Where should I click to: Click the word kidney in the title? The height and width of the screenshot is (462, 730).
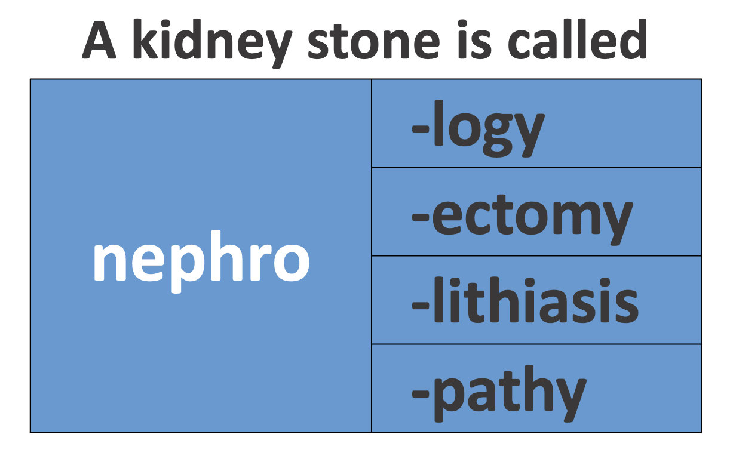click(x=211, y=44)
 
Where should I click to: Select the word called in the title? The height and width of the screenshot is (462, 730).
click(x=578, y=39)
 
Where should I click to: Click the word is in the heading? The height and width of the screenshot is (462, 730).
click(x=474, y=39)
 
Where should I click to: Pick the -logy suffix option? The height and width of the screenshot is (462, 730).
click(x=478, y=129)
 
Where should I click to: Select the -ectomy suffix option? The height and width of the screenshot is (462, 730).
click(x=522, y=220)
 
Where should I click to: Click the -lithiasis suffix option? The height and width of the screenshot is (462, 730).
click(x=525, y=300)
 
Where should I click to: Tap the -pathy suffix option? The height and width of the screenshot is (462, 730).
click(x=499, y=394)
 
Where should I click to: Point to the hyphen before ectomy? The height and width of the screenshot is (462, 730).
click(x=421, y=217)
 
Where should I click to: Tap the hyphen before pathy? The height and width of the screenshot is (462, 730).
click(x=421, y=393)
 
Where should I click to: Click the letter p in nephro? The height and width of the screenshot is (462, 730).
click(x=182, y=267)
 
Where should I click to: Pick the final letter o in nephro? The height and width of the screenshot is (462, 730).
click(x=292, y=263)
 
